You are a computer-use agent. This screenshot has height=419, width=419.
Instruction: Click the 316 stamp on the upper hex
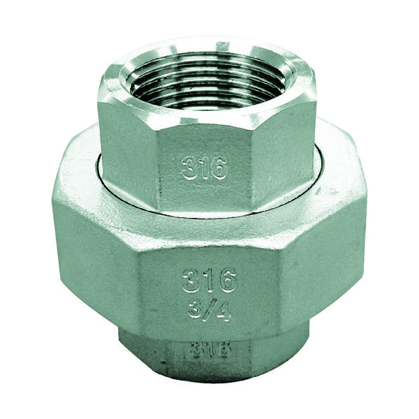point(205,168)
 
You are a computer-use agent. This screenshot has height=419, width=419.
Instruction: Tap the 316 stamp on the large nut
point(209,281)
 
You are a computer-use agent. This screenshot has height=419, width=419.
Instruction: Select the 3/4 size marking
point(209,308)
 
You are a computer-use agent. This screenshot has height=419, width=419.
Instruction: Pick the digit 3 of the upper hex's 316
point(190,168)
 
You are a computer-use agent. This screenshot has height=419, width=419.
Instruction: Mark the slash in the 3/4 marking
point(209,308)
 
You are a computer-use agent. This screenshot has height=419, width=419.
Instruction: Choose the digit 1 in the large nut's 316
point(209,281)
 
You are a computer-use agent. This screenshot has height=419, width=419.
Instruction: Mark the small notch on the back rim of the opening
point(222,47)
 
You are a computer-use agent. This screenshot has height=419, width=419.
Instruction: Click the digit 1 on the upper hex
point(204,168)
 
